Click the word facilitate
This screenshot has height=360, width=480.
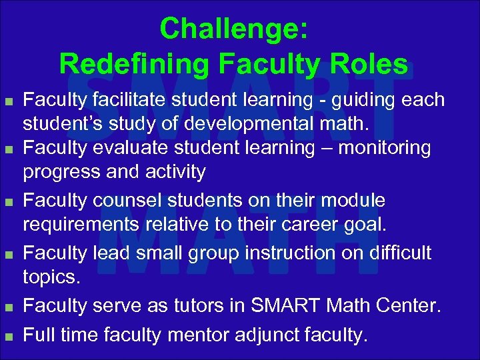(132, 101)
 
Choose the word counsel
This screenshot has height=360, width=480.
(129, 200)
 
